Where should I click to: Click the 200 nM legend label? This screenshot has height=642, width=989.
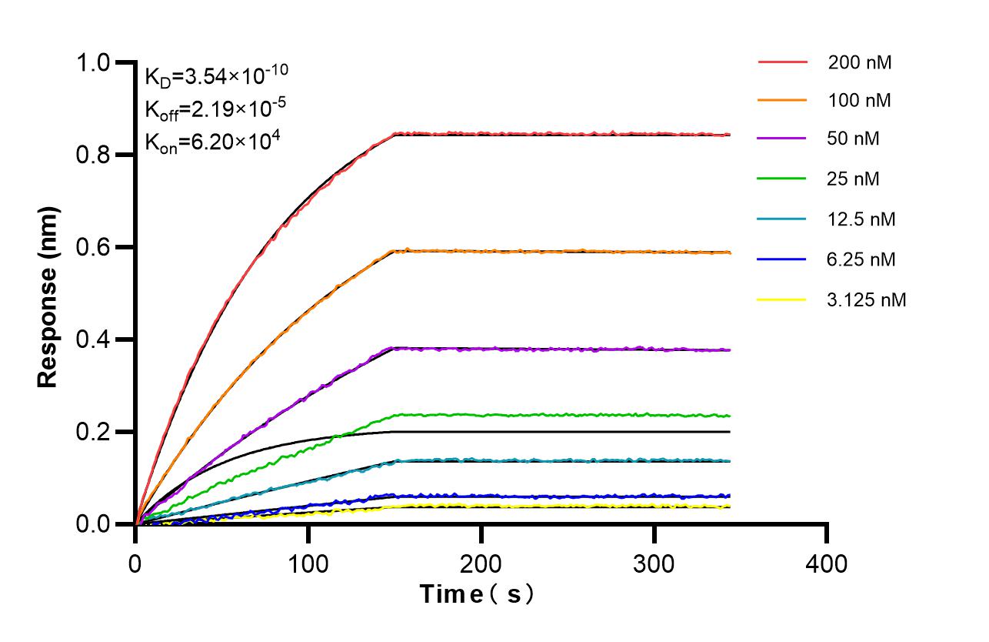(859, 62)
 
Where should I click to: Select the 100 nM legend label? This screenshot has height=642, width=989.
(859, 101)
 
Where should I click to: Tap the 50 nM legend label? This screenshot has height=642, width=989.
(854, 139)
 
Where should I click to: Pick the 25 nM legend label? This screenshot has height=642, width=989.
(854, 179)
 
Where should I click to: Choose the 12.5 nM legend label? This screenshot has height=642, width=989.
(861, 219)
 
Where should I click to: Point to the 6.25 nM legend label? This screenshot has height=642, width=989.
(861, 259)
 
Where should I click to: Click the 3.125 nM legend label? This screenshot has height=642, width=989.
(867, 299)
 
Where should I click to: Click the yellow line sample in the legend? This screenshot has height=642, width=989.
(782, 299)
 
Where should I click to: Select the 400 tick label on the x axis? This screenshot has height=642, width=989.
(827, 564)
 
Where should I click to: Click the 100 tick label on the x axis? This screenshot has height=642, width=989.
(308, 564)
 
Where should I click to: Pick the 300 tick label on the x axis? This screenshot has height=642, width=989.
(654, 564)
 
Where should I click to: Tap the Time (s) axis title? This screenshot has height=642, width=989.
(477, 594)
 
